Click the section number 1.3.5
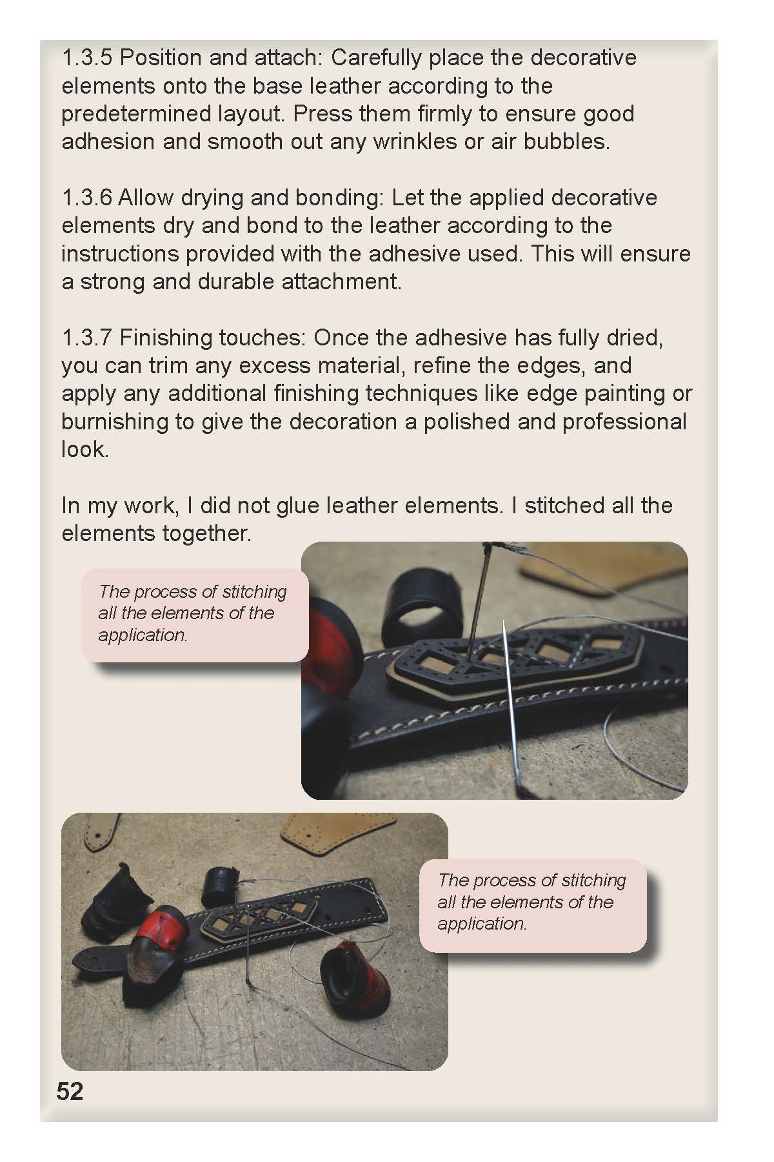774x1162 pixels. (x=87, y=58)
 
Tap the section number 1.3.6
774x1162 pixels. (x=87, y=198)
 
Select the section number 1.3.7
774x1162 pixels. (x=87, y=338)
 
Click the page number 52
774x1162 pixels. (x=70, y=1091)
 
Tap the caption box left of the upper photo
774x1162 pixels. (x=194, y=616)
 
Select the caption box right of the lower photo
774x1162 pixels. (x=533, y=904)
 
